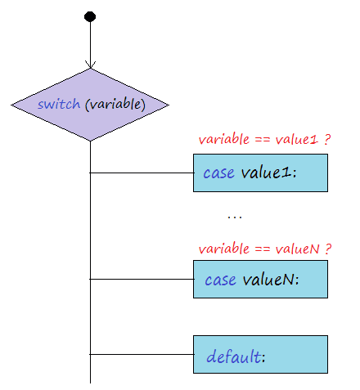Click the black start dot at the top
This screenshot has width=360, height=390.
tap(90, 16)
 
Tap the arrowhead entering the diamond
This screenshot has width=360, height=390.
tap(90, 65)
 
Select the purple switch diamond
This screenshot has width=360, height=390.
tap(90, 105)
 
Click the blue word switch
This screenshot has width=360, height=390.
tap(59, 104)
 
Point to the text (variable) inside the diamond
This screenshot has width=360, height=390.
tap(115, 104)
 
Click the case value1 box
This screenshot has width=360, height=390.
tap(260, 173)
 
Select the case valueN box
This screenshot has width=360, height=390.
tap(260, 279)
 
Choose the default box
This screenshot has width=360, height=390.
tap(260, 354)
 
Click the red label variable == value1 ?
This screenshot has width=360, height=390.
tap(264, 140)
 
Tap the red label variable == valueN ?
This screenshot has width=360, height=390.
tap(265, 249)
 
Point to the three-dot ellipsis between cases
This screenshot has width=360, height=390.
tap(235, 217)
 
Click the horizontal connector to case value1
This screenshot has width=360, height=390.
tap(142, 173)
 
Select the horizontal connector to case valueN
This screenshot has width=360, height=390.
tap(142, 279)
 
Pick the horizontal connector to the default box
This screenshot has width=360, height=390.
tap(142, 354)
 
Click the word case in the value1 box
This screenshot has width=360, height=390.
tap(218, 173)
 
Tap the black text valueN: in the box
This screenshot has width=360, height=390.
tap(271, 280)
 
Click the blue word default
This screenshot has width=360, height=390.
tap(234, 356)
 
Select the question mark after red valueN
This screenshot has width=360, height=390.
tap(328, 249)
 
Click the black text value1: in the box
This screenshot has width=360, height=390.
tap(268, 173)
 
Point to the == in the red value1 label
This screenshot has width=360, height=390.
tap(263, 140)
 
